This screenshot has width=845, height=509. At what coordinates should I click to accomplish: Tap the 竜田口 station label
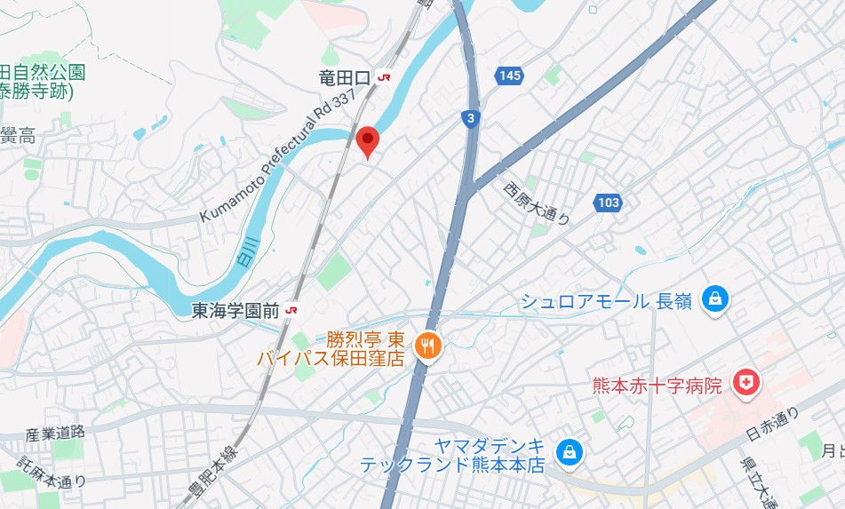click(x=344, y=78)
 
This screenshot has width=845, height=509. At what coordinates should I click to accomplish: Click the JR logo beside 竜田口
click(x=384, y=78)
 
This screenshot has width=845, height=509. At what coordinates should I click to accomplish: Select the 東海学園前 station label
click(x=235, y=310)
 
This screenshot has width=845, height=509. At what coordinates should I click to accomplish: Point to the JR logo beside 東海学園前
click(x=291, y=310)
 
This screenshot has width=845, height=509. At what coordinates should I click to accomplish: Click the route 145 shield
click(x=509, y=76)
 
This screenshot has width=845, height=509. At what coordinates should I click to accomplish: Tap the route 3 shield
click(x=470, y=117)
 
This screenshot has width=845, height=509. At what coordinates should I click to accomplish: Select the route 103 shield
click(x=608, y=203)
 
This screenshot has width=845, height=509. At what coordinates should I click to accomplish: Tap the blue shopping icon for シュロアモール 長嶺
click(x=713, y=300)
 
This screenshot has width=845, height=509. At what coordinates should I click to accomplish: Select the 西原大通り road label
click(x=536, y=203)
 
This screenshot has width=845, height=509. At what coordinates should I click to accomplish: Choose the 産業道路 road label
click(x=54, y=433)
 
